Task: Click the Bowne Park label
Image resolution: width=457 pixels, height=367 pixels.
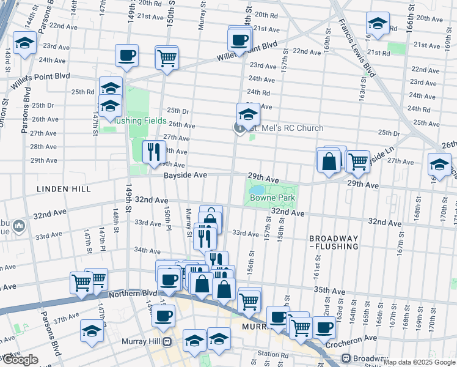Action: coord(272,198)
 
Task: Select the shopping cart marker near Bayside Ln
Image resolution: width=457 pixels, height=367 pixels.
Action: coord(357,160)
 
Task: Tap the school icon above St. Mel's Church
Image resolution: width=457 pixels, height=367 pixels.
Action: coord(248,113)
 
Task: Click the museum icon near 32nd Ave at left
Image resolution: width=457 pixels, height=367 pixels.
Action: coord(20,227)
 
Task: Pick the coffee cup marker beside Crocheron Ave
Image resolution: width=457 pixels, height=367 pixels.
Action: coord(324,327)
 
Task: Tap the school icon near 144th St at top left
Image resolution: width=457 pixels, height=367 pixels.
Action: coord(24,43)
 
